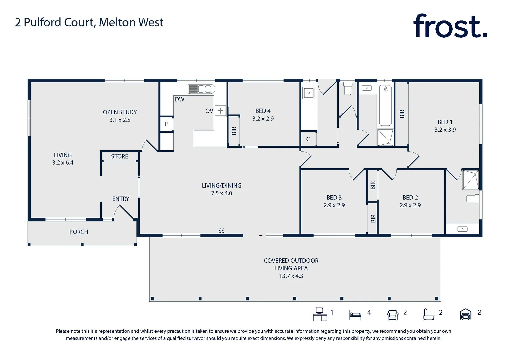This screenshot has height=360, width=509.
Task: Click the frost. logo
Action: click(450, 26)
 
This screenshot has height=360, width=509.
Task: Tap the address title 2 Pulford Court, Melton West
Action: click(89, 22)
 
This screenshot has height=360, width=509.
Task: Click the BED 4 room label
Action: click(263, 111)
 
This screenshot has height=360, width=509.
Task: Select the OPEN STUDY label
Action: click(120, 112)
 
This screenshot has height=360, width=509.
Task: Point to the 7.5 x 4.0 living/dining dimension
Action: click(221, 193)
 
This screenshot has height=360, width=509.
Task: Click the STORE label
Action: click(119, 156)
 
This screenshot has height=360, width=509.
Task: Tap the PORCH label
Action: click(79, 232)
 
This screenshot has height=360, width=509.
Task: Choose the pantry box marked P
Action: click(166, 124)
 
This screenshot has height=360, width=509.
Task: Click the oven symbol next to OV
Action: click(220, 110)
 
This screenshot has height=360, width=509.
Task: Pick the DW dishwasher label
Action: click(179, 99)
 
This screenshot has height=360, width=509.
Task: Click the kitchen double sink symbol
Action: click(200, 89)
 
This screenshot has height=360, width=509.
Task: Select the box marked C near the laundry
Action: click(308, 139)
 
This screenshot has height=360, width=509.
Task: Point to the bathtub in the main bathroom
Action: click(385, 105)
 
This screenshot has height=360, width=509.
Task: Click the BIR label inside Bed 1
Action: click(402, 114)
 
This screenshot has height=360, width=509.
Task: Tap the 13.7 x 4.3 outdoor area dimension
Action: click(291, 276)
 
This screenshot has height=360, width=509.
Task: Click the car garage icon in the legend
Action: click(465, 314)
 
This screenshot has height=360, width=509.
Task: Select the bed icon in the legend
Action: click(355, 315)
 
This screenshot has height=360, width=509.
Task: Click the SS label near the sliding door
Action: click(221, 231)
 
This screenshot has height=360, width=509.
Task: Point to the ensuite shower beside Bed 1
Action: click(470, 180)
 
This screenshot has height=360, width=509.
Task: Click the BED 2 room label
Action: click(410, 198)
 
